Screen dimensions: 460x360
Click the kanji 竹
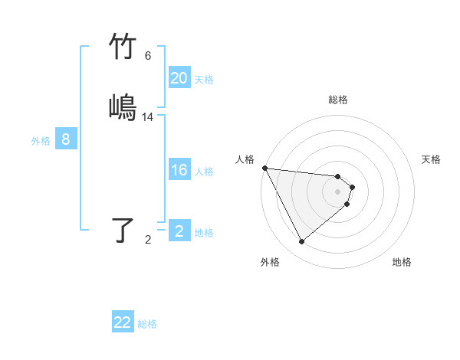[123, 47]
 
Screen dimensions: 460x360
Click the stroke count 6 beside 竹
[147, 56]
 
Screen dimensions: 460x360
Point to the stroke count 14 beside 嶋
[148, 117]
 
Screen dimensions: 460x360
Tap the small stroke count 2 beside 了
[148, 240]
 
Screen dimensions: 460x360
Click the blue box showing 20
[179, 78]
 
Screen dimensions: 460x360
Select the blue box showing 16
[179, 170]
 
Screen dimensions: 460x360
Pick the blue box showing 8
[66, 139]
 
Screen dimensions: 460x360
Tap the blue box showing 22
[123, 322]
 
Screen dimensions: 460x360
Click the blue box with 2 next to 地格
[179, 231]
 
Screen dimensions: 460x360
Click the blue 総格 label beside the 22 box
[147, 324]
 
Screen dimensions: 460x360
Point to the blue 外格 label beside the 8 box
[41, 141]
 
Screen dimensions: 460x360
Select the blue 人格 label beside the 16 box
[204, 172]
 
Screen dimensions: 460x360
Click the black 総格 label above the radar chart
[338, 100]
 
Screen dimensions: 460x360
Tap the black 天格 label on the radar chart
[432, 159]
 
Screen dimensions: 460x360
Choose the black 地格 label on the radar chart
[402, 262]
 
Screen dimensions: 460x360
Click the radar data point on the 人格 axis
[264, 168]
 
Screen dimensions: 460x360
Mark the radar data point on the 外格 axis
[301, 242]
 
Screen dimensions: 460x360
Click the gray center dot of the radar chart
[338, 191]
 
